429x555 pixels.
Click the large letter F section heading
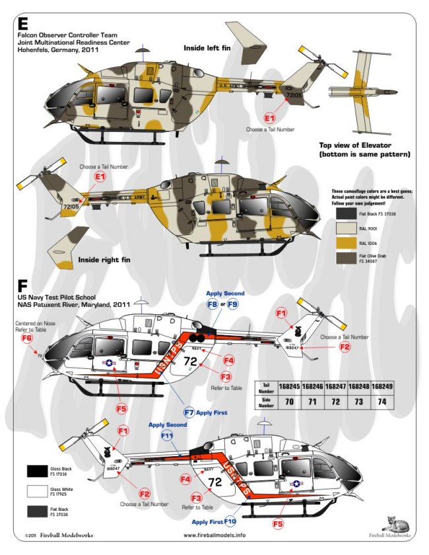click(x=22, y=286)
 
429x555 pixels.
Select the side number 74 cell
click(x=381, y=401)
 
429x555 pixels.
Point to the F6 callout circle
click(x=27, y=339)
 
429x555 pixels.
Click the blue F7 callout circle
click(x=189, y=412)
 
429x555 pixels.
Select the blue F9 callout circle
click(x=232, y=304)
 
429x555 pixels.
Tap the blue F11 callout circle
click(x=167, y=436)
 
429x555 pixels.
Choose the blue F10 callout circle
click(x=230, y=521)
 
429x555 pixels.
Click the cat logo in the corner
click(x=396, y=522)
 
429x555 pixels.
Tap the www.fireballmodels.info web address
click(x=214, y=535)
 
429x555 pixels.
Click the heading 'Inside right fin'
click(x=104, y=259)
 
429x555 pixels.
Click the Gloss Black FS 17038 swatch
click(x=38, y=471)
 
